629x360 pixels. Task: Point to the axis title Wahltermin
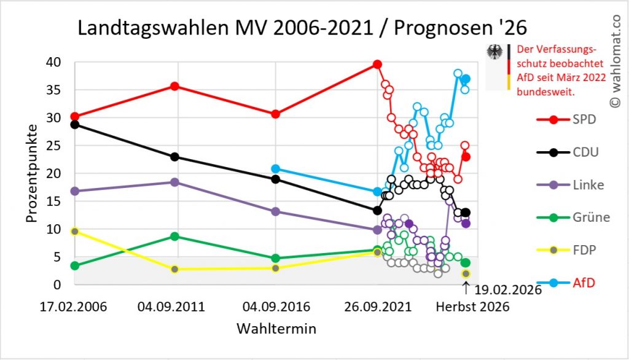click(x=276, y=329)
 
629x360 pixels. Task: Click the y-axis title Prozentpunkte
click(x=32, y=173)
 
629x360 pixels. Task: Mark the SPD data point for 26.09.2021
click(x=378, y=65)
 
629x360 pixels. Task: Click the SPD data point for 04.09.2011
click(x=175, y=86)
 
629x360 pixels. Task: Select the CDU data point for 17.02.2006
click(x=74, y=124)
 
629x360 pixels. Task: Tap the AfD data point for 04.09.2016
click(x=276, y=169)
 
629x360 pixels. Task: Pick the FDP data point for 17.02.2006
click(x=74, y=232)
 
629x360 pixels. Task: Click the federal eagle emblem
click(x=494, y=52)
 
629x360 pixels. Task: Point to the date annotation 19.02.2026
click(x=507, y=289)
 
